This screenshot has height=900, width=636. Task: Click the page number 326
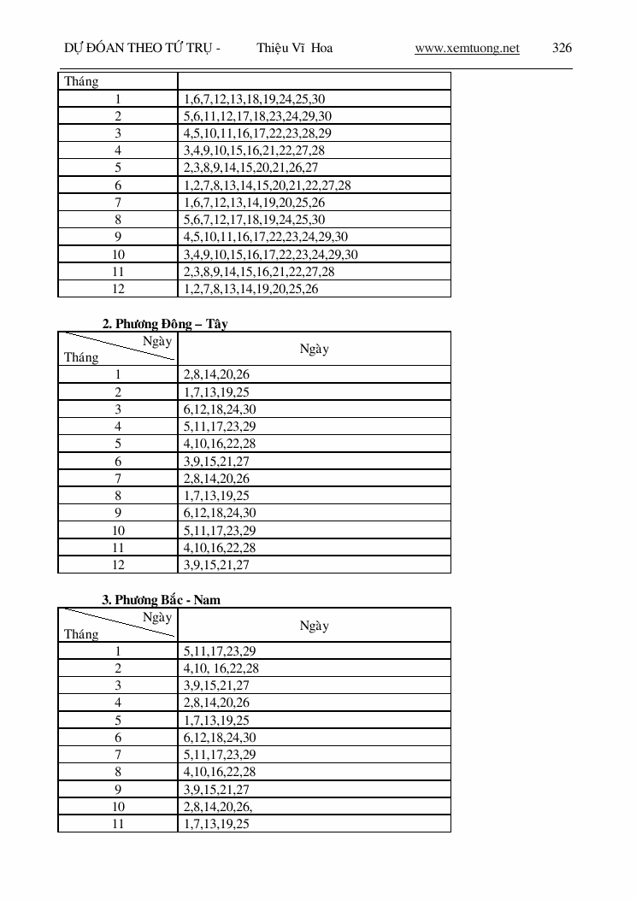[x=562, y=48]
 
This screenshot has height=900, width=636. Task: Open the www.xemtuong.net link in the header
[x=467, y=48]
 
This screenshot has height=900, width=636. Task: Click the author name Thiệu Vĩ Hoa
[x=294, y=48]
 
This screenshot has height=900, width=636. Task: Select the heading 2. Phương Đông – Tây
[x=165, y=324]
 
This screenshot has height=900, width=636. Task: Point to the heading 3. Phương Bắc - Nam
[x=162, y=600]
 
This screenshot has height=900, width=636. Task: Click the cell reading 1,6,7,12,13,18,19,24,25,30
[x=255, y=99]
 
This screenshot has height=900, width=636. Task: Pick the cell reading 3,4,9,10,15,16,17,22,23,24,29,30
[x=271, y=255]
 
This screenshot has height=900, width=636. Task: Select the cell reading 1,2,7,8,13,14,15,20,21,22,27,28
[x=268, y=185]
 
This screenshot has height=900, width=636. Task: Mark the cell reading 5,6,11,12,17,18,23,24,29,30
[x=258, y=116]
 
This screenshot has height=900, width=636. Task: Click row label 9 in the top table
[x=118, y=237]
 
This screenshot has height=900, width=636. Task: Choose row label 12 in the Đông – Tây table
[x=118, y=565]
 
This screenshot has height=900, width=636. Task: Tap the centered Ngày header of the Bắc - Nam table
[x=314, y=626]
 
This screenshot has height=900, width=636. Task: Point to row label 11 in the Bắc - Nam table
[x=118, y=823]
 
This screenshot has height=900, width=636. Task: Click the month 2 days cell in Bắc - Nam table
[x=221, y=668]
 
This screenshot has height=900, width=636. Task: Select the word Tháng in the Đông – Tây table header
[x=81, y=357]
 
